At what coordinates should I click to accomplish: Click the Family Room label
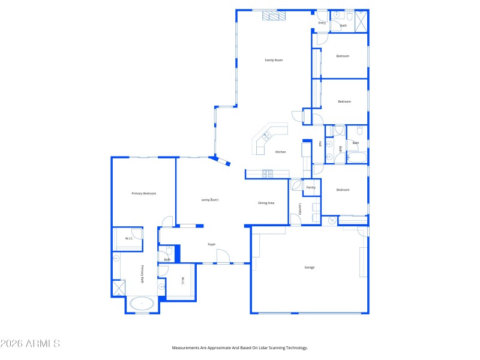click(x=274, y=60)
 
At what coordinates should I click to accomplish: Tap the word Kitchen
click(x=280, y=152)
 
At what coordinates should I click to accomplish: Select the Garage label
click(x=310, y=268)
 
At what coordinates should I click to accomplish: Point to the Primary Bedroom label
click(x=144, y=193)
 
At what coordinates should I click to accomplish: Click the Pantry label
click(x=311, y=188)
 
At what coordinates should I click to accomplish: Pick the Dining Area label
click(x=266, y=203)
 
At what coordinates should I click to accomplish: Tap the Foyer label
click(x=212, y=245)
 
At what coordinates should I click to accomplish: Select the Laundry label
click(x=299, y=209)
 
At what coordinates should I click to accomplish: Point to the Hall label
click(x=320, y=144)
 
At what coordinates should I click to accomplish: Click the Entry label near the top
click(x=322, y=23)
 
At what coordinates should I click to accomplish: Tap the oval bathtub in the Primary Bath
click(x=142, y=304)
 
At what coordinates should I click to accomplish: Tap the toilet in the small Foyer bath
click(x=169, y=250)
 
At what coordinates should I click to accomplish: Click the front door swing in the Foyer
click(x=223, y=258)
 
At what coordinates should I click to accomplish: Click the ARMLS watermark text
click(x=30, y=344)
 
